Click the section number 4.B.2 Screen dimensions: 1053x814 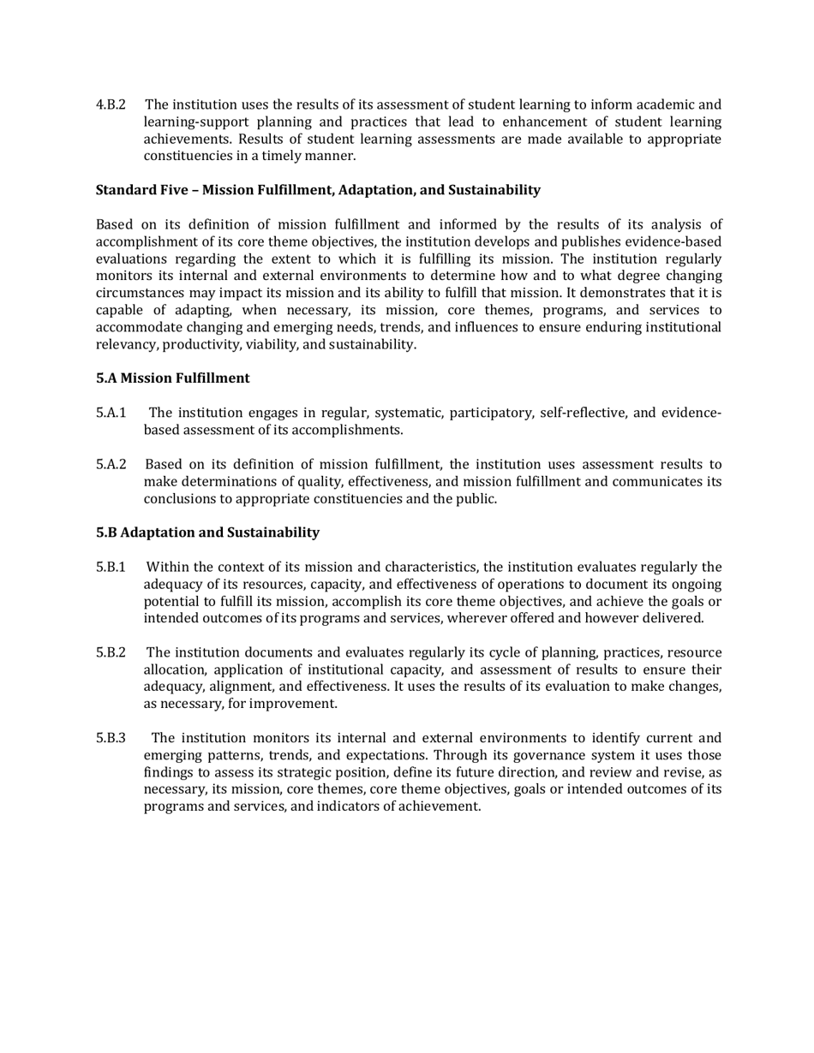pyautogui.click(x=111, y=104)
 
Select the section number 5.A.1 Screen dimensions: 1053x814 pyautogui.click(x=111, y=413)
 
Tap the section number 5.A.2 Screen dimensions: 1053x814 pyautogui.click(x=111, y=464)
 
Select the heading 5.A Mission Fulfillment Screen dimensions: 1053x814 pyautogui.click(x=173, y=378)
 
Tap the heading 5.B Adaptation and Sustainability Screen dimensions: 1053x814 pyautogui.click(x=207, y=532)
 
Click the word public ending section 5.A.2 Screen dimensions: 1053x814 pyautogui.click(x=476, y=498)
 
